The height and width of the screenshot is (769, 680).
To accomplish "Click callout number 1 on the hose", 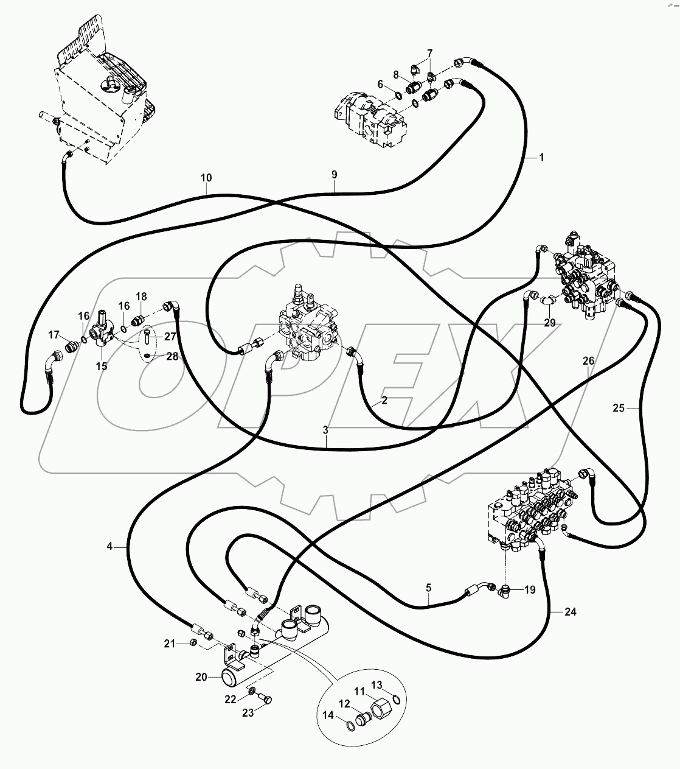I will pos(541,157).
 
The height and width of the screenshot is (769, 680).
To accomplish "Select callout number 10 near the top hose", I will pos(206,178).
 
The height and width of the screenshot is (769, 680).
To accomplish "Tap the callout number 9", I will pos(334,175).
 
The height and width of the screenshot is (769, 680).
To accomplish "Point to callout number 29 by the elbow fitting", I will pos(549,323).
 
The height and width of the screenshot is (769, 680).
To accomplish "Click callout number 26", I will pos(588,361).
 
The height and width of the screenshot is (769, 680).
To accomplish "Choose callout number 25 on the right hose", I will pos(618,409).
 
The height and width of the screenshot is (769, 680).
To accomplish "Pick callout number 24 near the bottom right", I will pos(570,613).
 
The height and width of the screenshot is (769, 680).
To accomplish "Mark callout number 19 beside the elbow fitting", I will pos(529,589).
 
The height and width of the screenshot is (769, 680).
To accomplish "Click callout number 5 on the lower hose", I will pos(428,588).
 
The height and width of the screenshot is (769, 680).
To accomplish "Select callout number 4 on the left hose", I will pos(109,547).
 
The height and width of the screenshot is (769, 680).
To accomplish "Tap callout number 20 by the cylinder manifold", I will pos(201,676).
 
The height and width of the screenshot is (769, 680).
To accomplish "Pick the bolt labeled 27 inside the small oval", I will pos(148,335).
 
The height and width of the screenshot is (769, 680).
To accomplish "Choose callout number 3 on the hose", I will pos(326,430).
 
